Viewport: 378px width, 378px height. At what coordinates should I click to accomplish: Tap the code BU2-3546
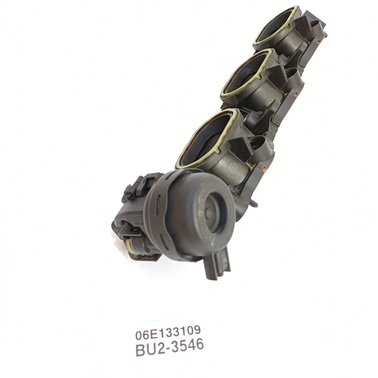pyautogui.click(x=170, y=346)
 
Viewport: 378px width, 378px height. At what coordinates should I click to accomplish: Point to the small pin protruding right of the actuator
pyautogui.click(x=254, y=204)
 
